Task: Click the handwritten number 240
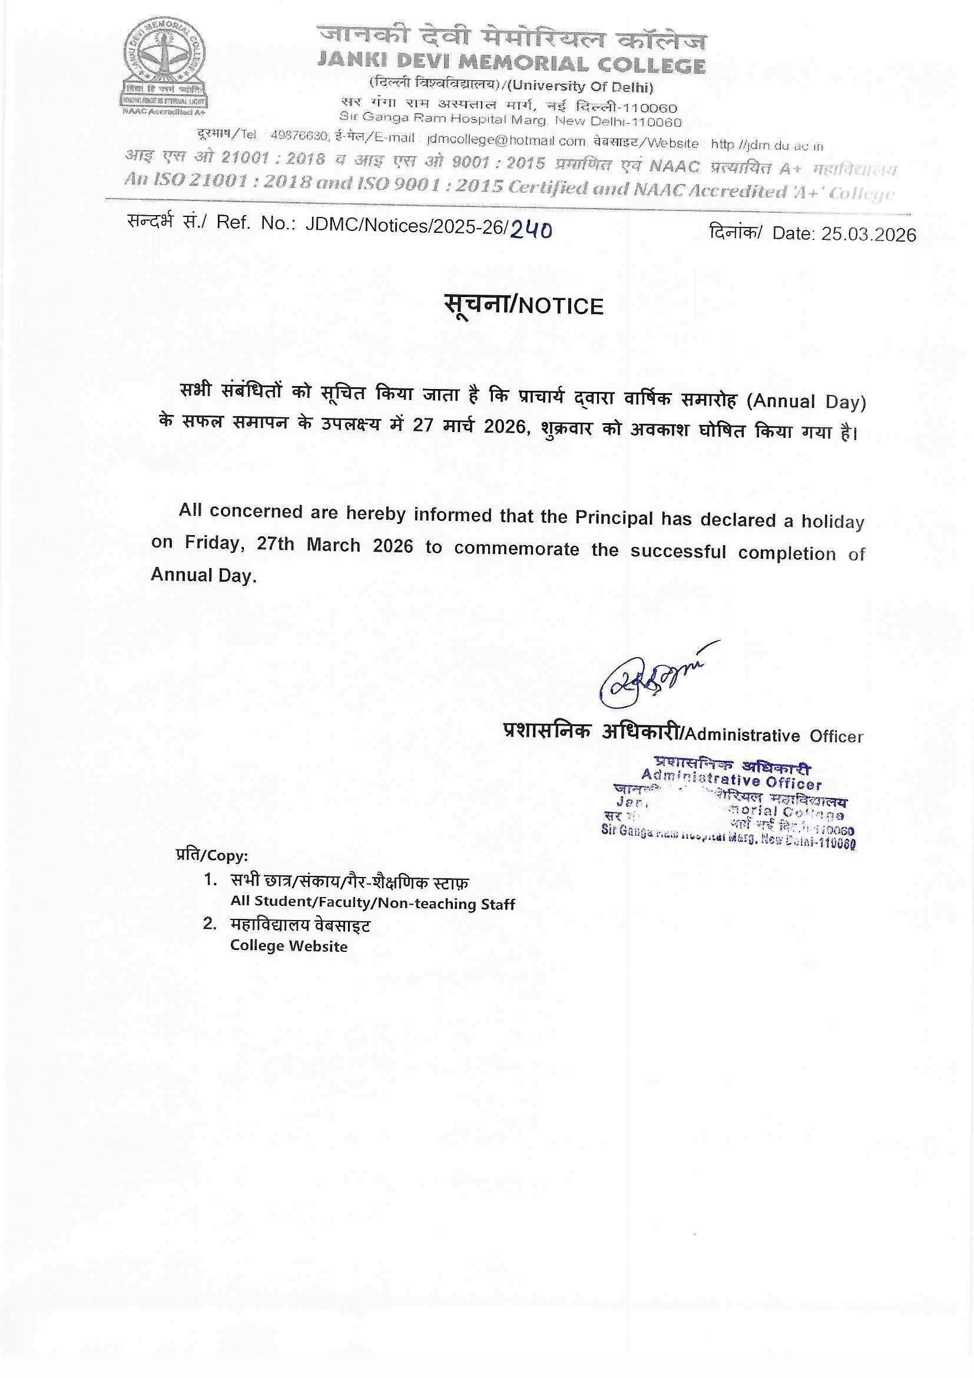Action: [531, 228]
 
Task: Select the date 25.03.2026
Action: [869, 234]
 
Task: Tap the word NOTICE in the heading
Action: [561, 306]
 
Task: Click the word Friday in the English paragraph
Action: [212, 543]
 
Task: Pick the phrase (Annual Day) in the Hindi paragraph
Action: [806, 401]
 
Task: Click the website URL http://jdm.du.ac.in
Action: [767, 145]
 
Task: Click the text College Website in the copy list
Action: [289, 947]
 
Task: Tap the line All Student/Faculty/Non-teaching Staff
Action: [372, 904]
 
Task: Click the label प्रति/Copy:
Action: [212, 855]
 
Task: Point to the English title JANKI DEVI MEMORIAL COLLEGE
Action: [511, 64]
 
